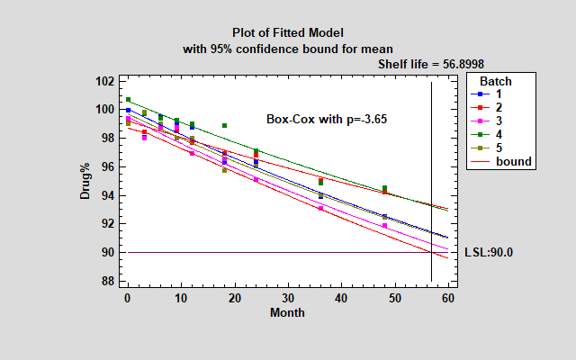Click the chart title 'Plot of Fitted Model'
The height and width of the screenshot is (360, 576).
tap(288, 32)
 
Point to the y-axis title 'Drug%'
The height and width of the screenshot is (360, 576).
tap(85, 181)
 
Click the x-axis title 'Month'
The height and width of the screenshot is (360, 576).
tap(287, 313)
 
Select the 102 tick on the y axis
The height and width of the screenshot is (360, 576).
tap(104, 81)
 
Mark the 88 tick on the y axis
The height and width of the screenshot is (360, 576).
tap(104, 281)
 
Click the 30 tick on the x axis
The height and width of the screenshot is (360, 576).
tap(287, 297)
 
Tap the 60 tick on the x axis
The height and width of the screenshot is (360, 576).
tap(446, 297)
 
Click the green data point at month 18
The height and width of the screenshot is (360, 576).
tap(224, 125)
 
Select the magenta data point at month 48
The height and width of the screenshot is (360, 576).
tap(384, 226)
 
